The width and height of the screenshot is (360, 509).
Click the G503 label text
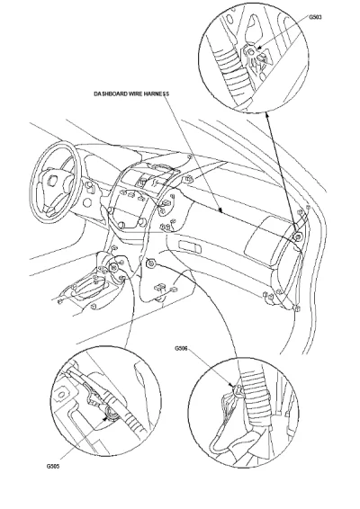315,17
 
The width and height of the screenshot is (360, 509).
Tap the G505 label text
53,467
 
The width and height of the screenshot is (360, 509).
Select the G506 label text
181,349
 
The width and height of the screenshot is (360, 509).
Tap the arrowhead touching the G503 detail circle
267,115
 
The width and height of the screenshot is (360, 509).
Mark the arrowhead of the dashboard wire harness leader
220,211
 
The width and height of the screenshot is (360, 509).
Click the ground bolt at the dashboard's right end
297,237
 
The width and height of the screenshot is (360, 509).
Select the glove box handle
190,246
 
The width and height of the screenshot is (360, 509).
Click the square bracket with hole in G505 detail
62,395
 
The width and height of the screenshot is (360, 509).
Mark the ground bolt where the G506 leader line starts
150,263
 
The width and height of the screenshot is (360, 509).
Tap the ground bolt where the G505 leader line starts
113,267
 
